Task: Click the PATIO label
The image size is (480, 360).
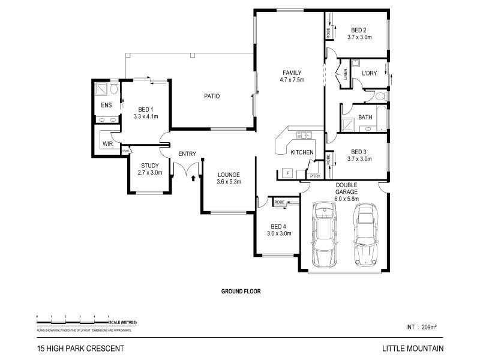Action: tap(211, 96)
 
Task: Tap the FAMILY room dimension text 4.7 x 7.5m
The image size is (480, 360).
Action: tap(292, 80)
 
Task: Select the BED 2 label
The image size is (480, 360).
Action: tap(359, 30)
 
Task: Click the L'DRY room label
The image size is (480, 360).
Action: tap(369, 73)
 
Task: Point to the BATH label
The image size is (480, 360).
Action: tap(365, 118)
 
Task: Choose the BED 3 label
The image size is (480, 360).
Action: tap(359, 152)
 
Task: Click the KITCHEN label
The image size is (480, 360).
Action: tap(302, 152)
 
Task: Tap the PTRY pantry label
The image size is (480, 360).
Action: tap(316, 176)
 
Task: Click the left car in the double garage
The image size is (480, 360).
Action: tap(325, 234)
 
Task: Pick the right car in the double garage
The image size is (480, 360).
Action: tap(364, 234)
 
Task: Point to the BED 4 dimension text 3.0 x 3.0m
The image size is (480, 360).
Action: tap(279, 233)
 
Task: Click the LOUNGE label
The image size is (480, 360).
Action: tap(229, 175)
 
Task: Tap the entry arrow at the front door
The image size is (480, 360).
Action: tap(193, 177)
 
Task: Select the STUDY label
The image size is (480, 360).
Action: tap(149, 166)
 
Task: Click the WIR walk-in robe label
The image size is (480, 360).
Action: tap(108, 144)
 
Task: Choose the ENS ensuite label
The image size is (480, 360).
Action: tap(106, 106)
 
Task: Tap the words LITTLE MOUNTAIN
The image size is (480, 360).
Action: tap(413, 349)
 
